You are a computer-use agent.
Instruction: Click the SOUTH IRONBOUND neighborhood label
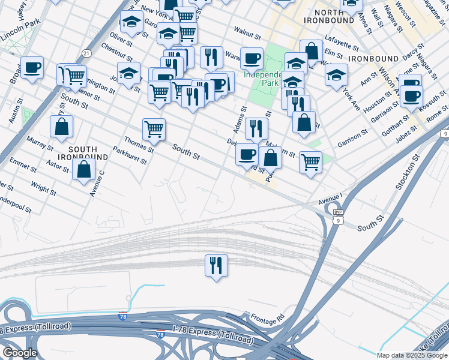click(88, 152)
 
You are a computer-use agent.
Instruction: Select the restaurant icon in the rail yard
click(216, 265)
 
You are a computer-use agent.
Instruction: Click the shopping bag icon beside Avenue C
click(83, 169)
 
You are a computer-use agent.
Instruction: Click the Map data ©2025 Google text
click(412, 355)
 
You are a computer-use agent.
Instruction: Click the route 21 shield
click(87, 54)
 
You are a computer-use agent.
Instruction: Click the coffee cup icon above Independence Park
click(252, 58)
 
